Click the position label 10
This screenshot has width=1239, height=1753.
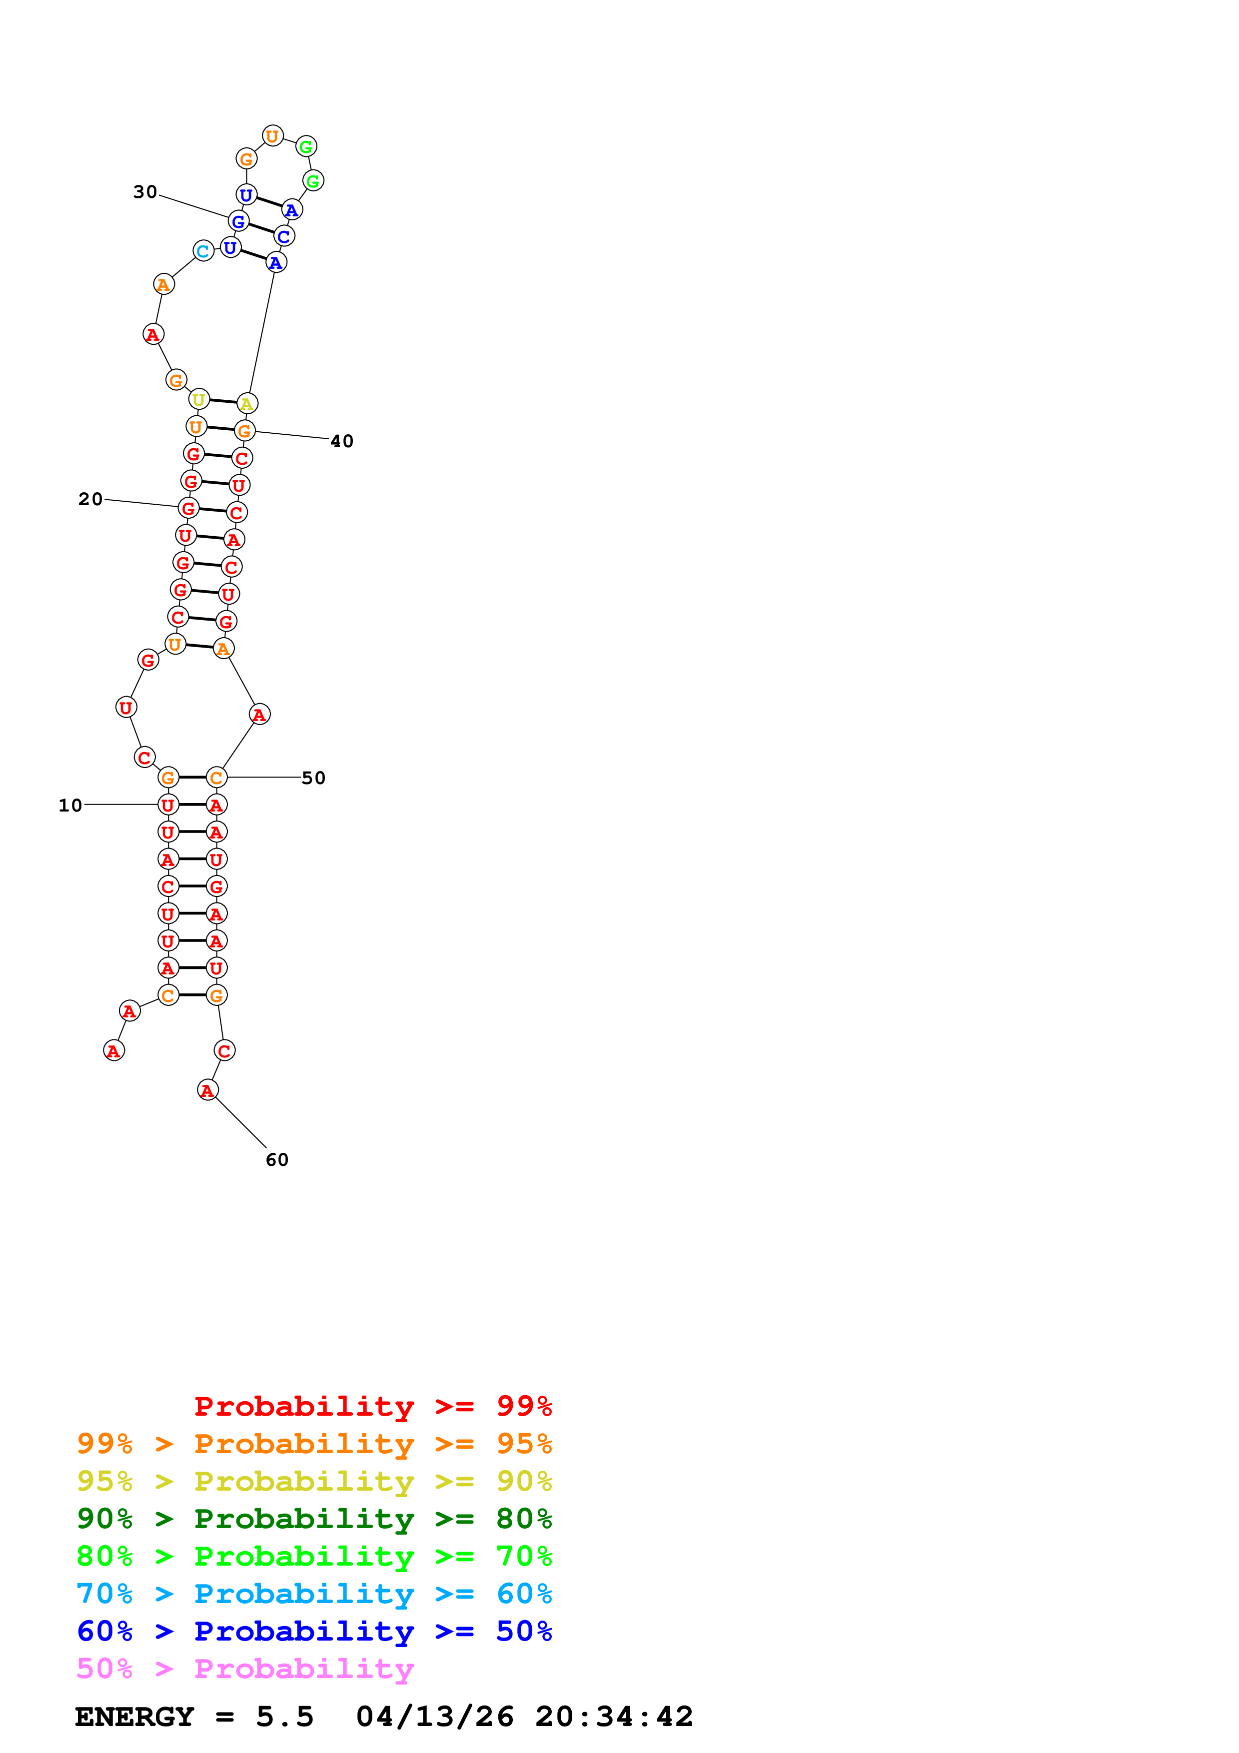point(70,806)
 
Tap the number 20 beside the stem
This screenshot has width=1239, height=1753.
point(90,499)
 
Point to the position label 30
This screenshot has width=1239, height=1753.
point(145,191)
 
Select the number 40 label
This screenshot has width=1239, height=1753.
point(341,441)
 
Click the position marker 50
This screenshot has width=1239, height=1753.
point(313,778)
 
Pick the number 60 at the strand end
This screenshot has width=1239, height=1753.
point(276,1160)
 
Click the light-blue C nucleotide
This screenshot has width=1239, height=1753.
point(203,251)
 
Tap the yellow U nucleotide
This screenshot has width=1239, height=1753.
point(198,399)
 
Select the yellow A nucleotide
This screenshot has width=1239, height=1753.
point(246,404)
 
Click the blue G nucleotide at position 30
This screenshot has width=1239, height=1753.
point(238,221)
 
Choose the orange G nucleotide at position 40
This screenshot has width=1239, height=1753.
point(244,431)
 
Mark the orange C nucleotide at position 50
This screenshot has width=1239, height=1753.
point(217,778)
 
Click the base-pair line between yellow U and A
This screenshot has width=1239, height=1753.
point(223,402)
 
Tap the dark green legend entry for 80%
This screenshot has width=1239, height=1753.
point(314,1519)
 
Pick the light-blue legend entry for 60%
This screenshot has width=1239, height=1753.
point(314,1594)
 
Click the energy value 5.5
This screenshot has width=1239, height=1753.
point(285,1717)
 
